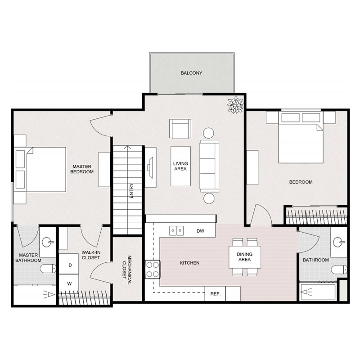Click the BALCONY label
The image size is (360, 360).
click(192, 72)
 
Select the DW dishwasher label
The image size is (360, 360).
click(201, 231)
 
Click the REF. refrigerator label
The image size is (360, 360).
click(215, 294)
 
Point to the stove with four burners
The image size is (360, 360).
click(153, 269)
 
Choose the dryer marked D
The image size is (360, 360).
click(70, 265)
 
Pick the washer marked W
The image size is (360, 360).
click(70, 284)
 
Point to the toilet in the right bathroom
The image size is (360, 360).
click(338, 270)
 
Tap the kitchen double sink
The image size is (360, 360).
click(176, 230)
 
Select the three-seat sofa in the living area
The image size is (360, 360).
click(209, 165)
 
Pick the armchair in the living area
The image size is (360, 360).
click(180, 129)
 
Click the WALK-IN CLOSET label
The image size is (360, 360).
click(91, 255)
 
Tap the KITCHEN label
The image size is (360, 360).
click(189, 263)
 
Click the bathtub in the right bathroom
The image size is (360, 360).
click(319, 292)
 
